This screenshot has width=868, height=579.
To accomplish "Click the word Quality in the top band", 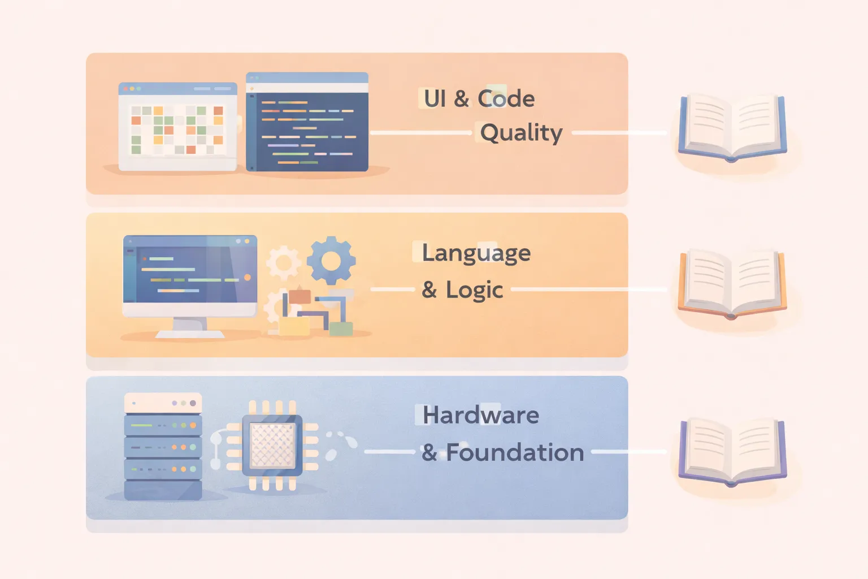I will tap(521, 133).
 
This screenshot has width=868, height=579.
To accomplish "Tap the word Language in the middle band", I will tap(476, 253).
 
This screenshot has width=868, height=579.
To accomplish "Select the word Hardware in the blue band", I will tap(481, 416).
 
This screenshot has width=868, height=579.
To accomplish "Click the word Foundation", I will tap(515, 453).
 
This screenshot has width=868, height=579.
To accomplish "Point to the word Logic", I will tap(474, 290).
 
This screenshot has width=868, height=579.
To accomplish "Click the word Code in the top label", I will tap(506, 99).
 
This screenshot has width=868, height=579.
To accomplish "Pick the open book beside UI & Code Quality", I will tap(732, 127).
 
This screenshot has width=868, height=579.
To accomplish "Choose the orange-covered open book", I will tap(732, 283).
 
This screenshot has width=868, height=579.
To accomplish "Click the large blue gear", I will tap(331, 261).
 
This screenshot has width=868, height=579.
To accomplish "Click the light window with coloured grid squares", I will tap(177, 127).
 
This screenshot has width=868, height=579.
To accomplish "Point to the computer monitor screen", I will tap(190, 270).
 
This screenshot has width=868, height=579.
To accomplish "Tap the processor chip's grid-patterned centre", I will tap(272, 445).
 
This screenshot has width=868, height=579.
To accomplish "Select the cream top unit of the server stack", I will tap(163, 403).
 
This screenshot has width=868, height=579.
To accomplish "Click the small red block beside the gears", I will tap(300, 296).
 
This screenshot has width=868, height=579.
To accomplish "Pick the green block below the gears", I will tap(341, 329).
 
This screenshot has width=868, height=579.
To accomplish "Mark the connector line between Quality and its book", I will tap(619, 133).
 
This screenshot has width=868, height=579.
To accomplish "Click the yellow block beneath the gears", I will tap(294, 326).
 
